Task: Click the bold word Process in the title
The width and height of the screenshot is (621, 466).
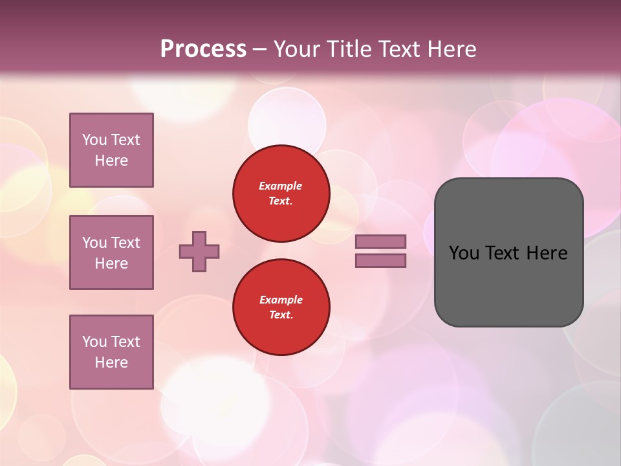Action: [x=203, y=49]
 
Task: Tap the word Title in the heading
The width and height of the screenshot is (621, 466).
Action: [x=346, y=49]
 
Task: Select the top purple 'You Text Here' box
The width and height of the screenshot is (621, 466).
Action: [x=111, y=150]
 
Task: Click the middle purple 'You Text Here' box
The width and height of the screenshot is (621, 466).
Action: [x=111, y=252]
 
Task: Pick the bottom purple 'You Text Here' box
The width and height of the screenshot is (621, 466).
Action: [x=111, y=352]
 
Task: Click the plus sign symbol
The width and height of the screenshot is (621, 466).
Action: [x=199, y=251]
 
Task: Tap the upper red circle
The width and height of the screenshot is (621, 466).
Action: [x=281, y=194]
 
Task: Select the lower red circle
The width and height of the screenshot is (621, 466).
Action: [x=281, y=307]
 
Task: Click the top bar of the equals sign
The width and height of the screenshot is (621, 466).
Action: [x=381, y=241]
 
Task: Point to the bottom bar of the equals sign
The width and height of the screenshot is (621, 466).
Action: [x=381, y=261]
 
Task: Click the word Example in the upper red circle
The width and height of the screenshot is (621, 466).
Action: [x=281, y=186]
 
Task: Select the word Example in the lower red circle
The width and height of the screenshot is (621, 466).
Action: [x=281, y=300]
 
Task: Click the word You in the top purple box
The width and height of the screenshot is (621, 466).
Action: [x=94, y=140]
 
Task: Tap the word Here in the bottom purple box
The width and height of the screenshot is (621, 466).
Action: [x=111, y=362]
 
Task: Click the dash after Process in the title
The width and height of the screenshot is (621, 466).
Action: [x=259, y=50]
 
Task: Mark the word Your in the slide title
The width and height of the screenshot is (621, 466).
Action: [x=296, y=49]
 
